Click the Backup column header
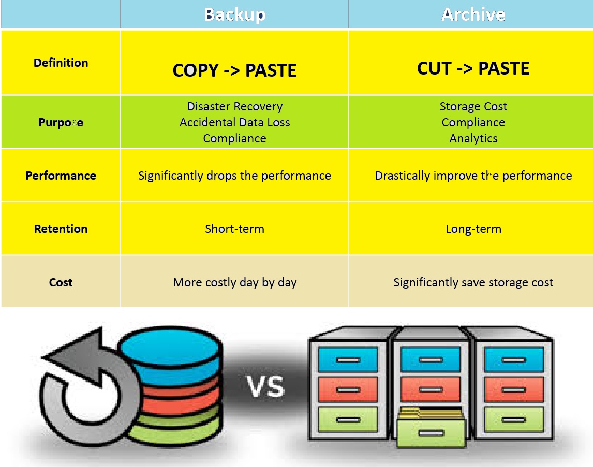pyautogui.click(x=234, y=14)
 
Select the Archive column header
pyautogui.click(x=473, y=14)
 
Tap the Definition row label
pyautogui.click(x=61, y=63)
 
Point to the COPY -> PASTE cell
pyautogui.click(x=234, y=70)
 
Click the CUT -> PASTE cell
pyautogui.click(x=473, y=68)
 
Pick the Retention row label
pyautogui.click(x=61, y=229)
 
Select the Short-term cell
pyautogui.click(x=234, y=229)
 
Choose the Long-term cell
pyautogui.click(x=473, y=229)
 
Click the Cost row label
pyautogui.click(x=61, y=282)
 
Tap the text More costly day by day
pyautogui.click(x=234, y=282)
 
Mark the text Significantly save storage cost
pyautogui.click(x=473, y=282)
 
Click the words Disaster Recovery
pyautogui.click(x=234, y=106)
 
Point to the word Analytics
pyautogui.click(x=473, y=138)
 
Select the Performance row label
pyautogui.click(x=61, y=176)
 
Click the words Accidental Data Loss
pyautogui.click(x=234, y=122)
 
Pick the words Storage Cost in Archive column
pyautogui.click(x=473, y=106)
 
